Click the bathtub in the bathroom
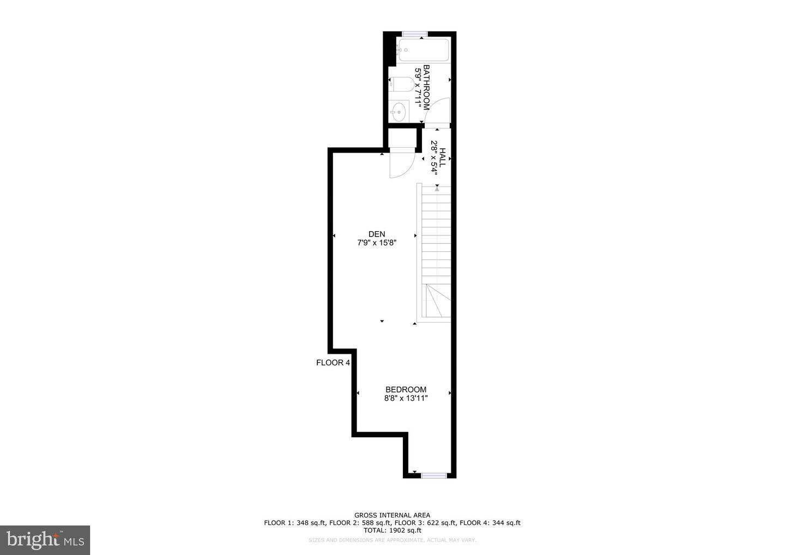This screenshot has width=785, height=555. click(x=424, y=50)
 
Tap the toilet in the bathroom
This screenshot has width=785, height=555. click(x=401, y=85)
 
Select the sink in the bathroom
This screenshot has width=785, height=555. click(x=400, y=112)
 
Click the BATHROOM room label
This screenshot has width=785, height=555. click(x=427, y=87)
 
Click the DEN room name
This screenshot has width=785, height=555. click(x=376, y=234)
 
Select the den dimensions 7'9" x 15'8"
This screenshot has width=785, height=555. click(x=376, y=243)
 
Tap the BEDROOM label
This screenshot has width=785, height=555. click(x=406, y=390)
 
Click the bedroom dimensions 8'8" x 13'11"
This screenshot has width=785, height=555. click(x=406, y=399)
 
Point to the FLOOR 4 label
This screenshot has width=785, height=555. click(x=333, y=363)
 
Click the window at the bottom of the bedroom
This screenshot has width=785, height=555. click(x=434, y=475)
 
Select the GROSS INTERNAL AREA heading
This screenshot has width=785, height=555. click(x=392, y=515)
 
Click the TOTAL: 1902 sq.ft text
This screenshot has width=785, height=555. click(x=392, y=530)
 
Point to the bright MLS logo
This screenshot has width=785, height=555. click(x=45, y=540)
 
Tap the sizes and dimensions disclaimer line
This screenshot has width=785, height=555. click(x=392, y=540)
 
